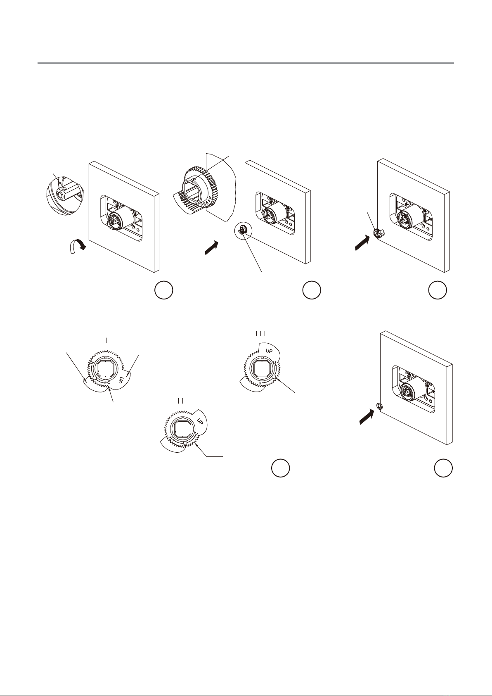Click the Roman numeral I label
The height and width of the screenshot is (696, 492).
click(x=106, y=340)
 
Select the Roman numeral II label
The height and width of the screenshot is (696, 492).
click(x=181, y=401)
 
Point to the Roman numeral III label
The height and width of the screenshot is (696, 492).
click(x=261, y=334)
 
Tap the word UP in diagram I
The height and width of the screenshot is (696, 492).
click(x=121, y=380)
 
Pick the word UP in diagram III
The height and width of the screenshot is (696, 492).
click(x=269, y=351)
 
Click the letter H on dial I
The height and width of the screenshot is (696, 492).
click(x=92, y=363)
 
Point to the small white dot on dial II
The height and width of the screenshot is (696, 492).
click(x=185, y=443)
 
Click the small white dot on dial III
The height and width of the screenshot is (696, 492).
click(x=274, y=377)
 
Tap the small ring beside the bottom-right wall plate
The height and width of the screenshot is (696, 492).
click(x=379, y=406)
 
